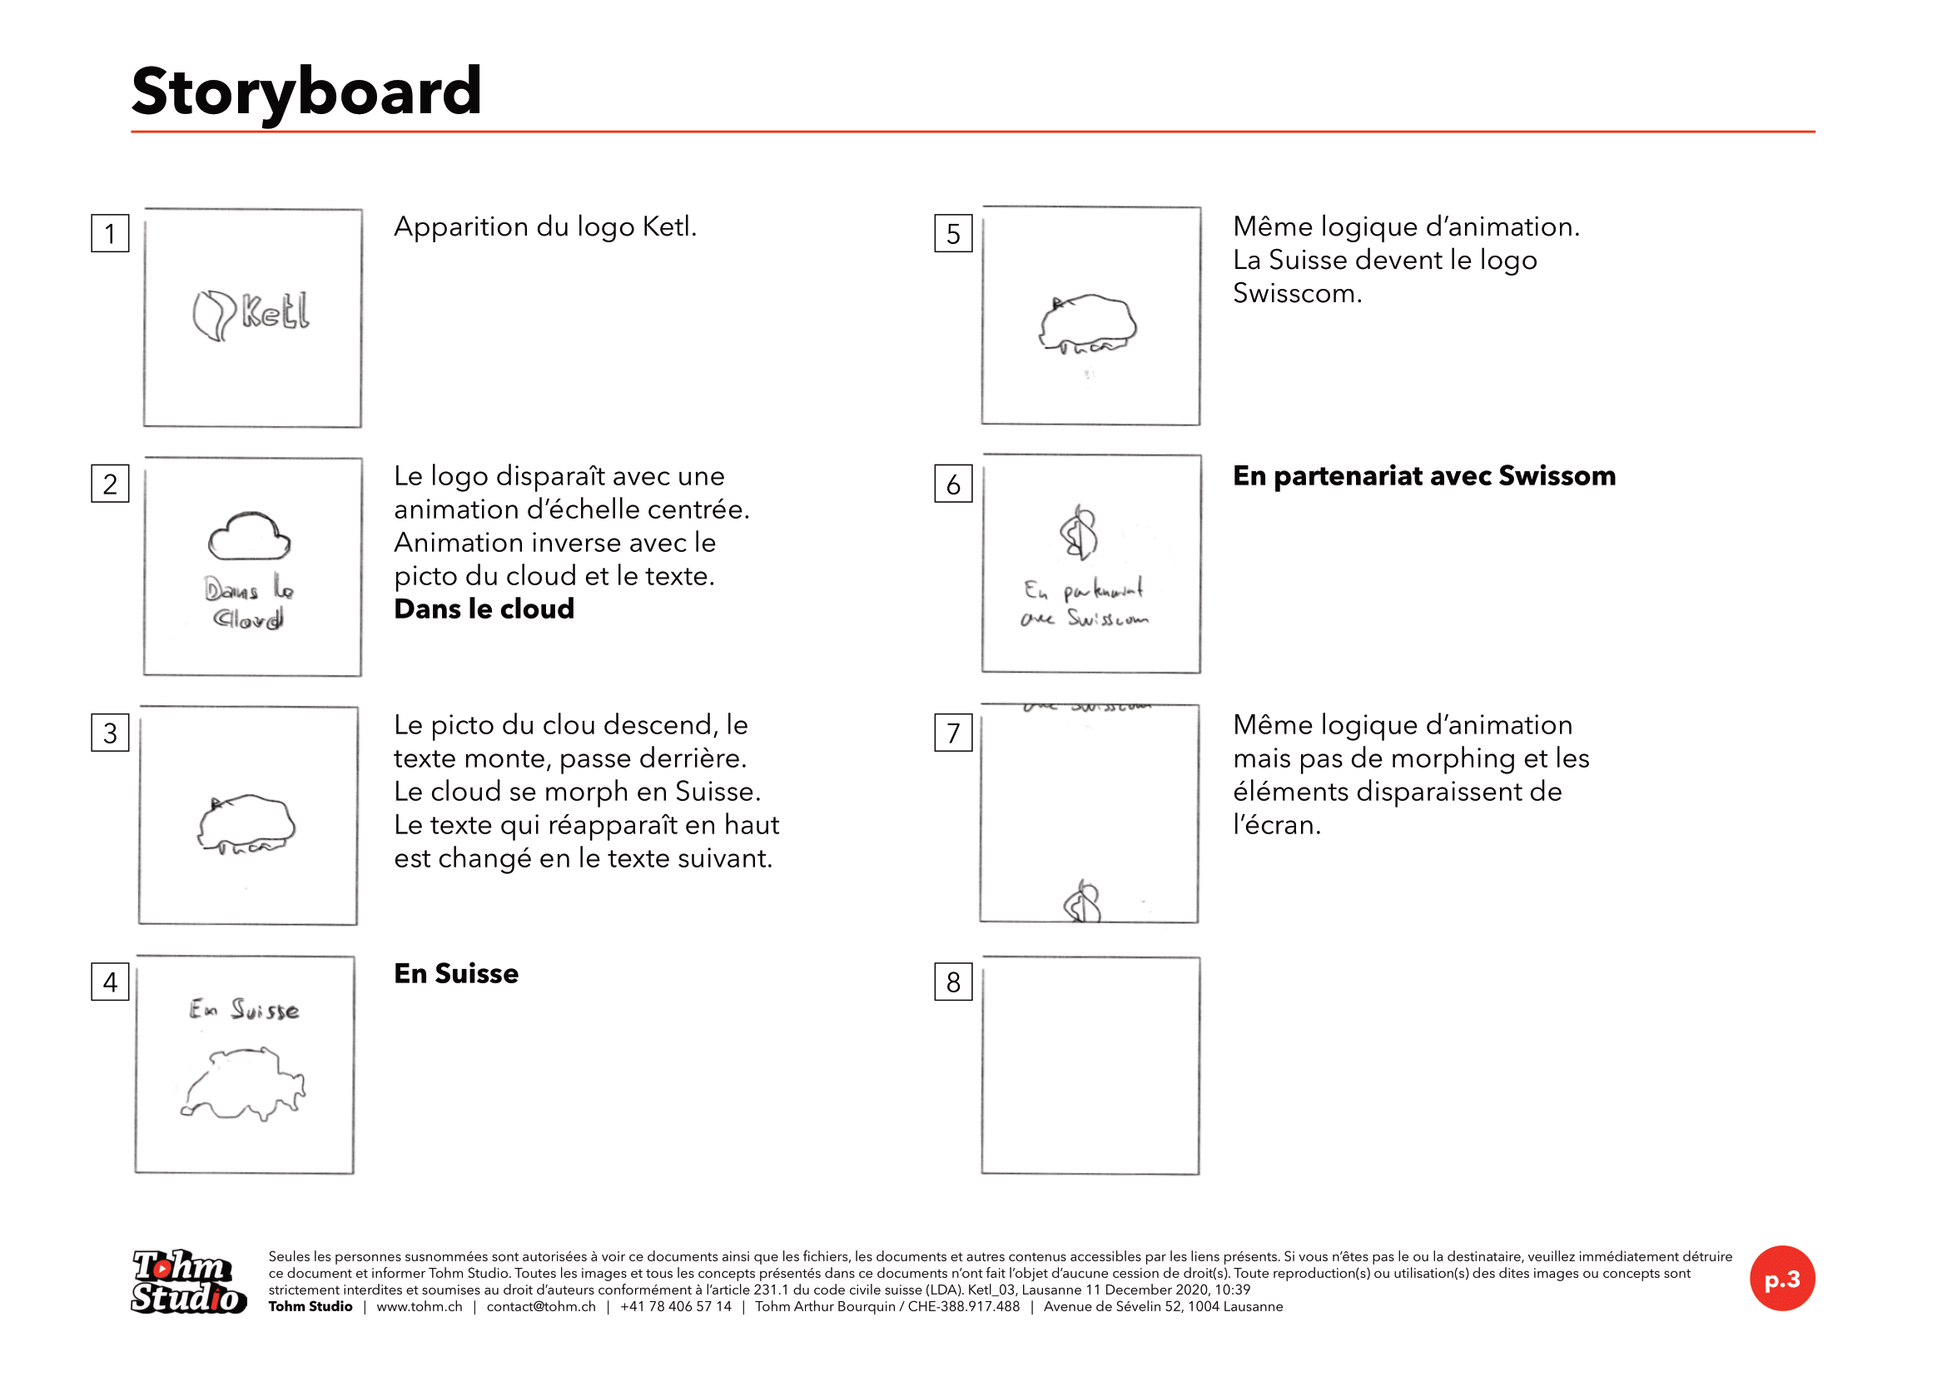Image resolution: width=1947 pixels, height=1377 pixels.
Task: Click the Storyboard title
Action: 306,92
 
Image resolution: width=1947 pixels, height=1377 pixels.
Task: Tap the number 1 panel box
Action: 110,233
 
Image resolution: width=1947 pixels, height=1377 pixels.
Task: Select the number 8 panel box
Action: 953,981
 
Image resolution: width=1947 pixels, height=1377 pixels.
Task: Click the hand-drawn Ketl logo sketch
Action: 251,315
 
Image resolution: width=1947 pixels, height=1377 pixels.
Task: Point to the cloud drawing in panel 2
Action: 250,536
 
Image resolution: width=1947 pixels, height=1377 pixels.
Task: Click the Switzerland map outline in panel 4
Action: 244,1085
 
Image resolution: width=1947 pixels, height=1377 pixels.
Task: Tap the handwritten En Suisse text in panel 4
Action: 244,1009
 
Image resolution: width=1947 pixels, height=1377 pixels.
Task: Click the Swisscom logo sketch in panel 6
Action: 1080,533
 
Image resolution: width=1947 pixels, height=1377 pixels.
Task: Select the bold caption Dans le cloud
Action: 484,609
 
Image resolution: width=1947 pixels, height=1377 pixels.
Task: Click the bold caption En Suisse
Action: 456,973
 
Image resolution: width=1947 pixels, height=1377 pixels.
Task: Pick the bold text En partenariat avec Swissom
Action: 1423,475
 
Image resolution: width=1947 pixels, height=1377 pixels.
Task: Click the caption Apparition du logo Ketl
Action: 545,226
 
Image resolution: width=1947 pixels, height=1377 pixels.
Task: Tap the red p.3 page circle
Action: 1781,1278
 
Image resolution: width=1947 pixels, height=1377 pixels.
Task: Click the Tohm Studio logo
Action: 189,1281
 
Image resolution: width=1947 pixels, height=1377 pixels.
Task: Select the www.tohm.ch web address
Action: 420,1306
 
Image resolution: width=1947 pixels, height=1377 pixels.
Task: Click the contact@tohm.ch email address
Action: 541,1306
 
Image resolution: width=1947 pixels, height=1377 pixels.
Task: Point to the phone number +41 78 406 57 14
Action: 676,1306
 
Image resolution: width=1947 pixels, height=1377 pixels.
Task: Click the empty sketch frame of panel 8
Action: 1090,1065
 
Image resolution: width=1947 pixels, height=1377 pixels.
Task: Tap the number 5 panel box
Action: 953,233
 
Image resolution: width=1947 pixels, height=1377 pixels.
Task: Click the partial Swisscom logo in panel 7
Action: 1082,902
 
